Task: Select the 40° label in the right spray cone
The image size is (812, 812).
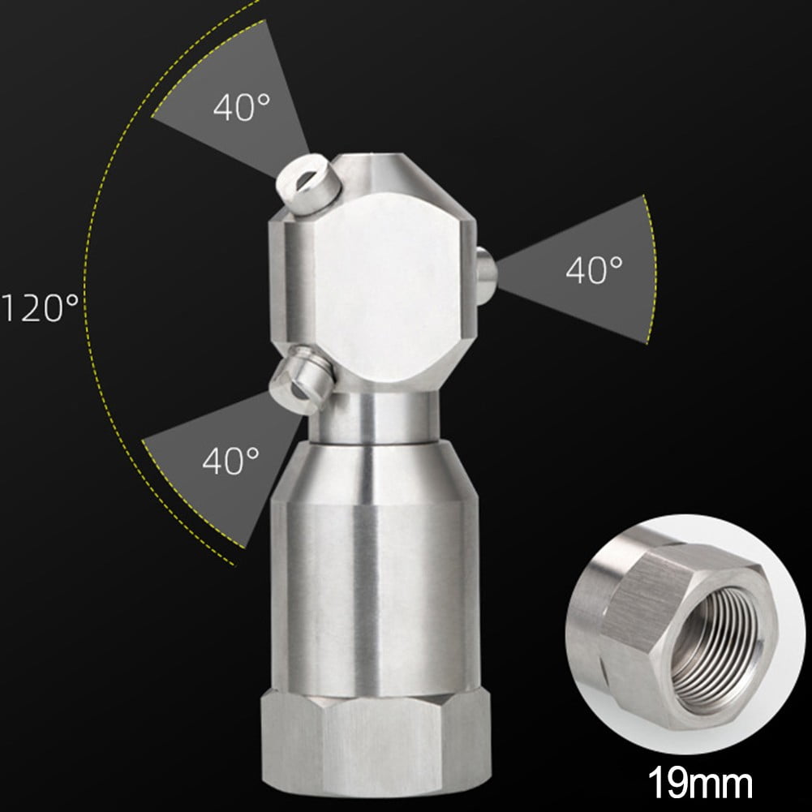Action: [x=594, y=269]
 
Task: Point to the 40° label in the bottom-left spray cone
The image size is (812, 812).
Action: [x=230, y=461]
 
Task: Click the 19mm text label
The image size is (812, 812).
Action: [x=699, y=784]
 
